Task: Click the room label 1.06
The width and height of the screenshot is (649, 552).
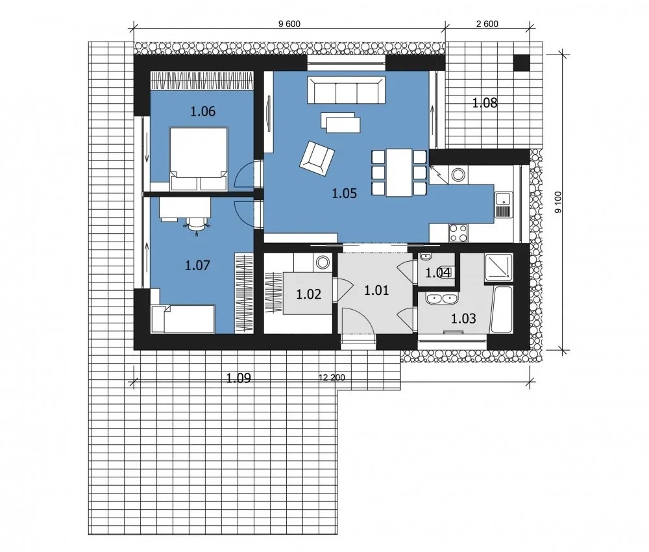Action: [x=202, y=112]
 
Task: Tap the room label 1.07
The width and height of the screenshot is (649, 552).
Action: [x=197, y=265]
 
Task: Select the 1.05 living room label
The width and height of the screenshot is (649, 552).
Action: [x=344, y=194]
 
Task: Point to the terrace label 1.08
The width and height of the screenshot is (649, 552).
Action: [x=485, y=103]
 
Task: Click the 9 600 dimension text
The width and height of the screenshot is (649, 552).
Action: [x=289, y=24]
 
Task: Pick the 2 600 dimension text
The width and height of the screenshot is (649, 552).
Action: [x=487, y=24]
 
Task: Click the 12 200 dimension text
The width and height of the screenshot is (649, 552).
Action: [x=332, y=378]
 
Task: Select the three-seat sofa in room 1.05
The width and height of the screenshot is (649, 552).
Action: [x=346, y=90]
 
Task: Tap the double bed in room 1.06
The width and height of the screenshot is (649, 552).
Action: [x=199, y=158]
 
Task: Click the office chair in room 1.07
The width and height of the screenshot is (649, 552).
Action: [x=197, y=225]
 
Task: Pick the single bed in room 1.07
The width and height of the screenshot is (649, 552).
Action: [x=183, y=319]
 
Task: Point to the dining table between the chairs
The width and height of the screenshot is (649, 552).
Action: [x=398, y=172]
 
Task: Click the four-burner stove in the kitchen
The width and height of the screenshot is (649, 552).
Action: [x=458, y=232]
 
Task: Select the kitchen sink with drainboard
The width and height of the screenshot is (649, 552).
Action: [x=504, y=205]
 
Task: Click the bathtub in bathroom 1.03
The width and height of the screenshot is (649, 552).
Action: [x=502, y=309]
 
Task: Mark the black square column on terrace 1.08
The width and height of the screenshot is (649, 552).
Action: [x=522, y=63]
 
